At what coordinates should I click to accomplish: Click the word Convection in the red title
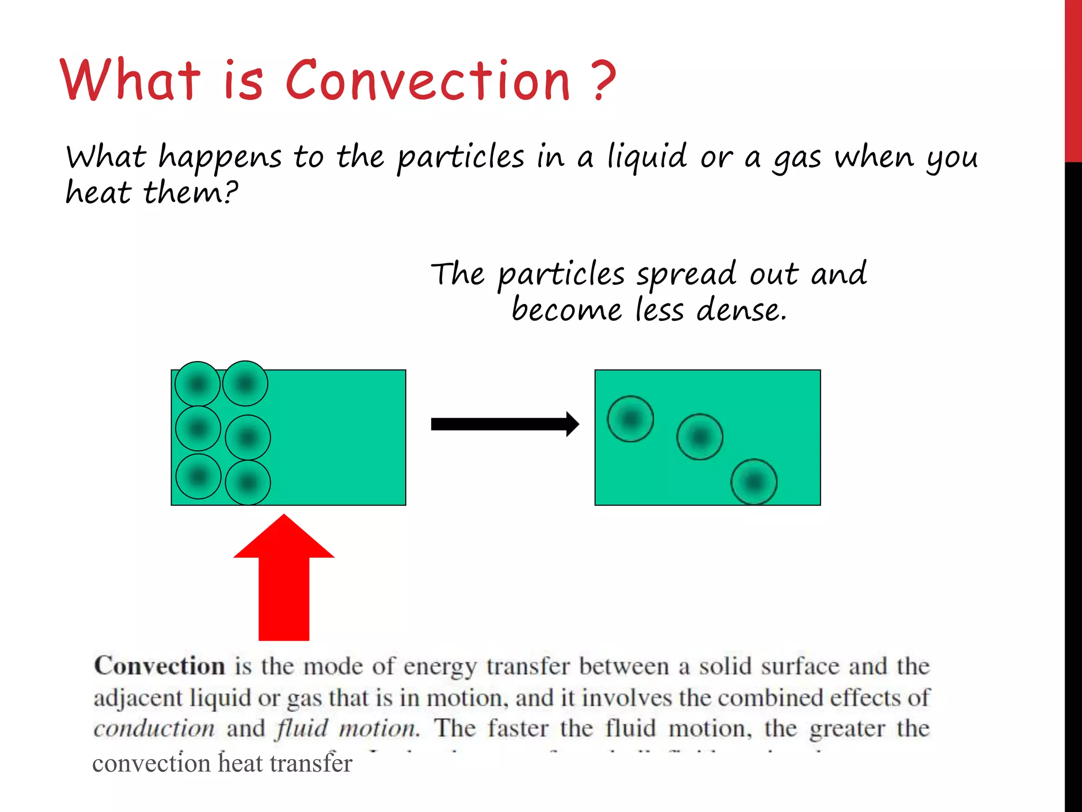[428, 80]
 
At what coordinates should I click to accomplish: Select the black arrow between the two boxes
[505, 424]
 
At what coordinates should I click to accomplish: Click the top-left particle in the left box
[198, 384]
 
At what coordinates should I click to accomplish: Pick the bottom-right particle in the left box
[248, 483]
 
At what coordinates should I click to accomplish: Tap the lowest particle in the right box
[754, 482]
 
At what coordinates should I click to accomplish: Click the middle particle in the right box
[699, 437]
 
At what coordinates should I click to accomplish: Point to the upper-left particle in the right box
[630, 419]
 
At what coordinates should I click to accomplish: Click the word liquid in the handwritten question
[647, 157]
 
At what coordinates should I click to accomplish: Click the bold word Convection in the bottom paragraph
[160, 666]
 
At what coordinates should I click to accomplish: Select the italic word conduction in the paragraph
[154, 729]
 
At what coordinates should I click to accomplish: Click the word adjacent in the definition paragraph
[137, 698]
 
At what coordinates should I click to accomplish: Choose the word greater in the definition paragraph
[847, 730]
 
